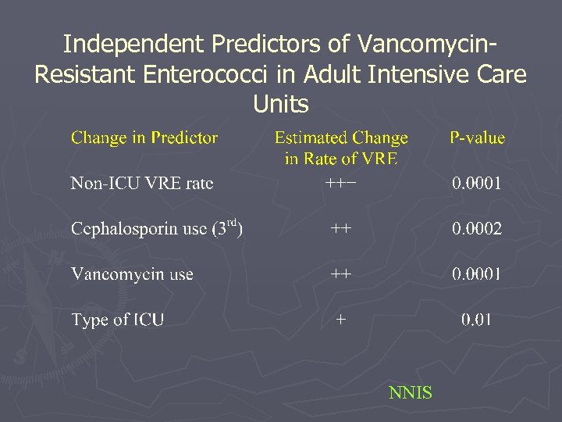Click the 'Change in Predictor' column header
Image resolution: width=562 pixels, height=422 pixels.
coord(144,138)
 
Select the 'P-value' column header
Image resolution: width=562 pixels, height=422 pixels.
coord(477,138)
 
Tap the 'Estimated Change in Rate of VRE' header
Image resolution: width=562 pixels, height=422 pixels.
coord(341,148)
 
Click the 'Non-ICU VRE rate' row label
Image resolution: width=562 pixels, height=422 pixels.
coord(142,184)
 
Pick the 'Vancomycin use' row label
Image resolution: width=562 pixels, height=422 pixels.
coord(132,274)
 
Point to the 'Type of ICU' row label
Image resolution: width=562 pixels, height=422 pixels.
coord(117,320)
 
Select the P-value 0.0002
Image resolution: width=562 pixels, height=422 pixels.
coord(477,229)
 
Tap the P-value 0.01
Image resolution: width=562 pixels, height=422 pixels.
coord(476,320)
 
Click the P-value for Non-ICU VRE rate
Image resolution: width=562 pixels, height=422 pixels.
coord(477,184)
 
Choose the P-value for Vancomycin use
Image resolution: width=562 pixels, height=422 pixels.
coord(477,274)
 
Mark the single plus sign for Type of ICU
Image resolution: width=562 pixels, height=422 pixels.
coord(340,320)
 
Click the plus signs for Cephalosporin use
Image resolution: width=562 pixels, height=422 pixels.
coord(340,229)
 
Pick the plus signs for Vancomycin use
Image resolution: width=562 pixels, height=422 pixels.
coord(340,274)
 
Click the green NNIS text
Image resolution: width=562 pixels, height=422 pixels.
coord(410,392)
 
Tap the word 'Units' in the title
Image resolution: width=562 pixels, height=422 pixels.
coord(281,104)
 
